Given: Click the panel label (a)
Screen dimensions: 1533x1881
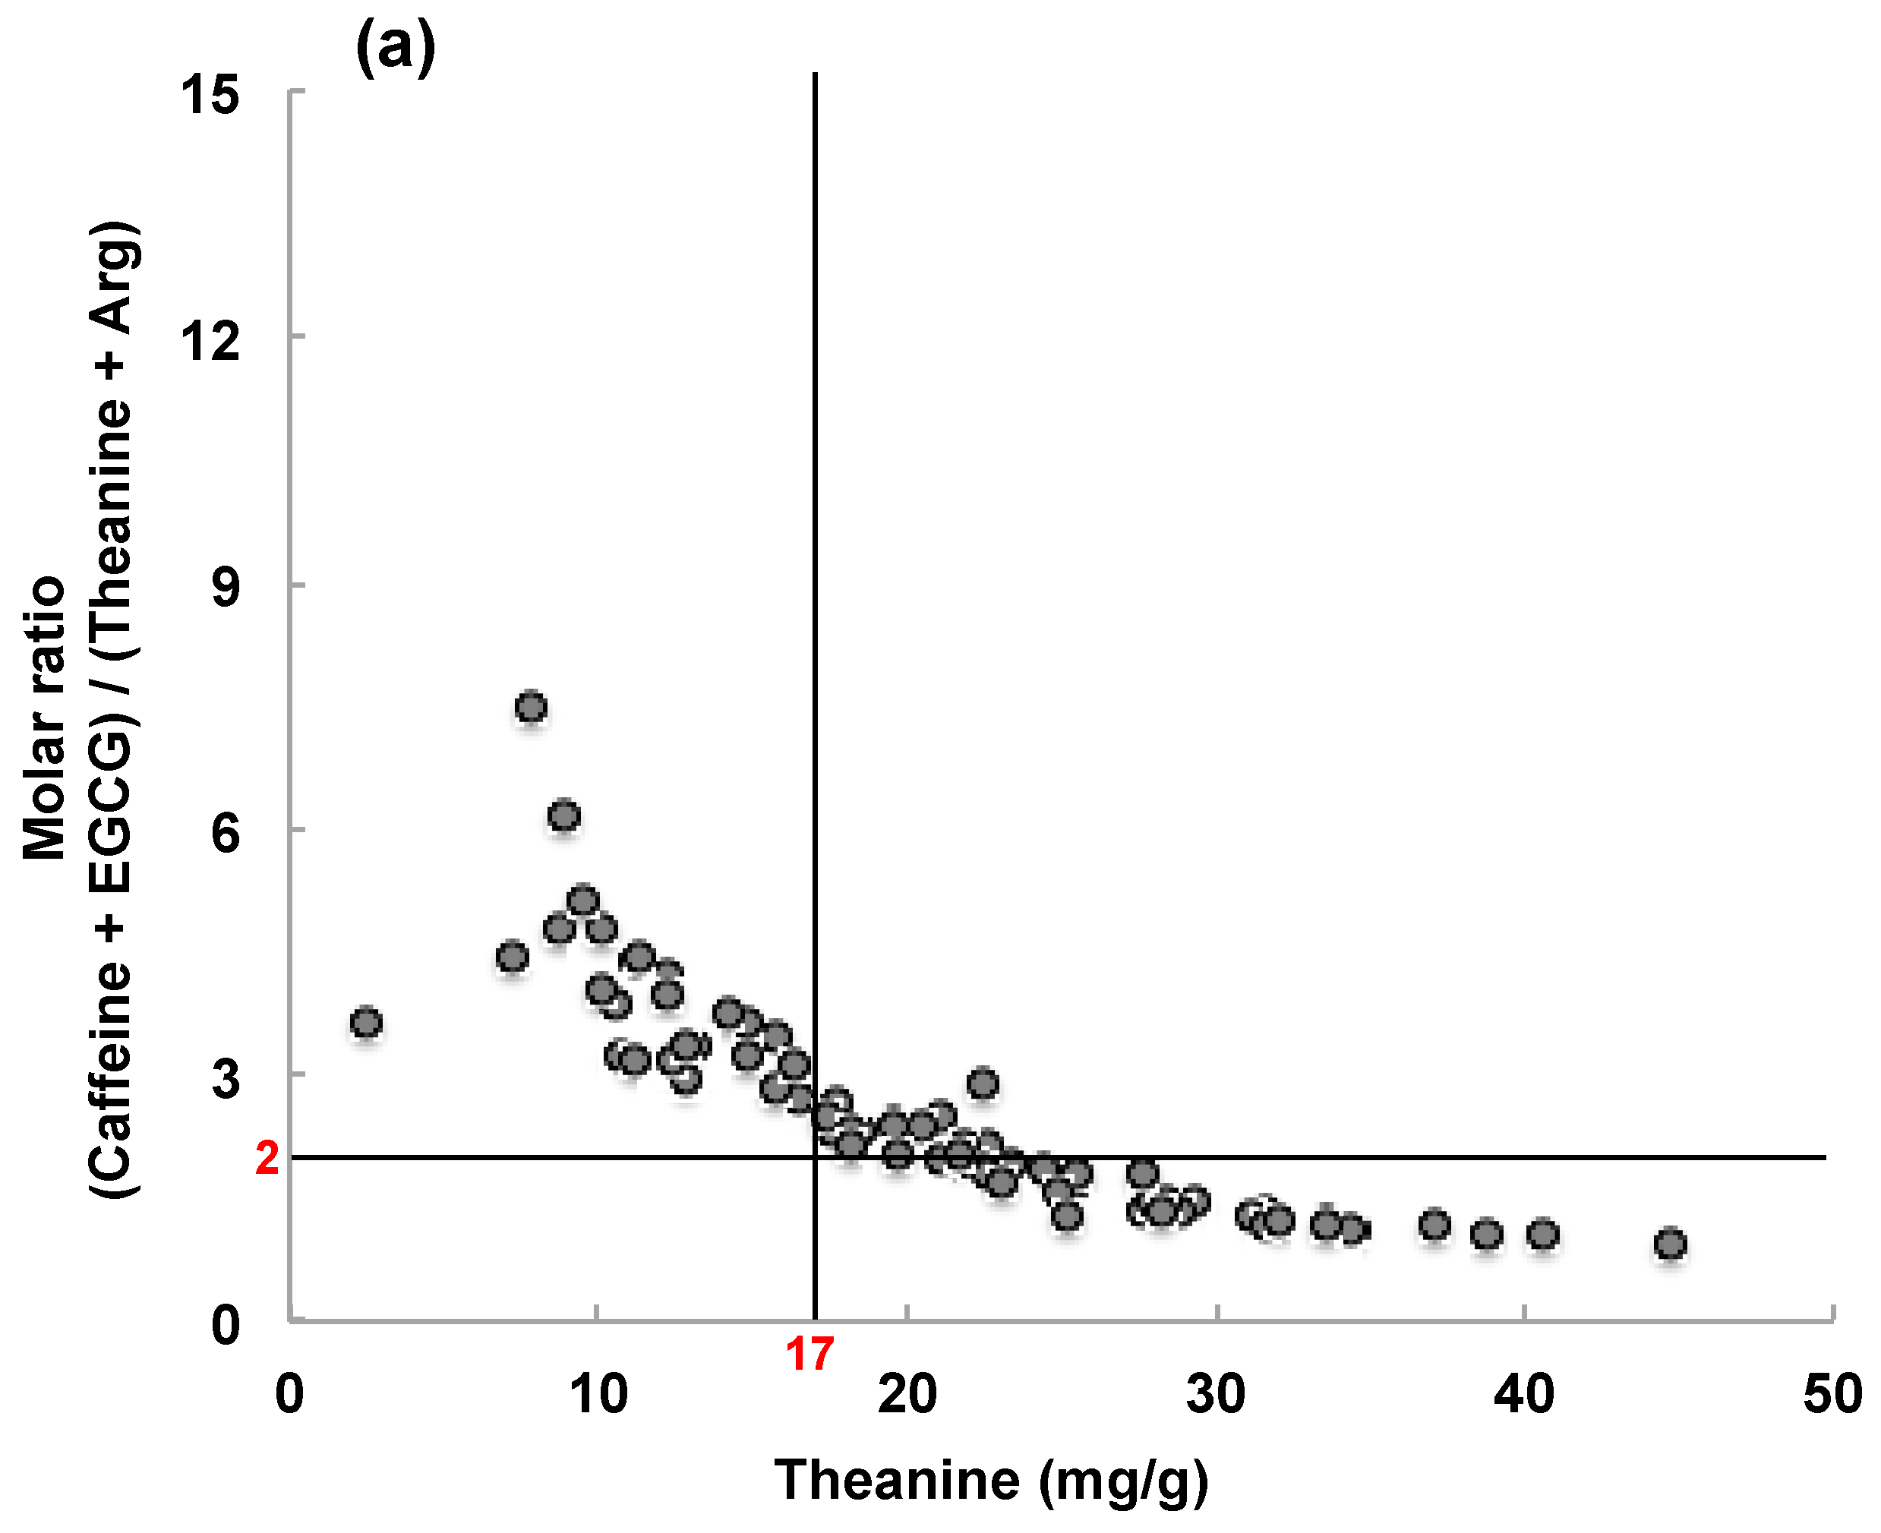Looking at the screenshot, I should click(395, 49).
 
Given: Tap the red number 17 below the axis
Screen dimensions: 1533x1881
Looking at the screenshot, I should click(809, 1355).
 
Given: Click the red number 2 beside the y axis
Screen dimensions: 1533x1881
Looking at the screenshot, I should click(267, 1159).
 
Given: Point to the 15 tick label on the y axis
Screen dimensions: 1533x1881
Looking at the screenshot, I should click(210, 93).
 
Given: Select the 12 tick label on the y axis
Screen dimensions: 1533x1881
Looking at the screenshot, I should click(210, 340).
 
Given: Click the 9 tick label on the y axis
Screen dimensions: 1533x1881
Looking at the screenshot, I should click(226, 585).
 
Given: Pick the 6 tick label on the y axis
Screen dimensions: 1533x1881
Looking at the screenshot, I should click(226, 832).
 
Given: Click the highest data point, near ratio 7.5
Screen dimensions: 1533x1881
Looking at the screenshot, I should click(531, 708).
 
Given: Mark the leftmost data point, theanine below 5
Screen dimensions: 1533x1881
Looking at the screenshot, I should click(365, 1023).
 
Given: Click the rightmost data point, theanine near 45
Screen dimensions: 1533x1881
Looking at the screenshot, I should click(1669, 1244).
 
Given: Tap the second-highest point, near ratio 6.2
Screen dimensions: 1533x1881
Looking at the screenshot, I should click(564, 816).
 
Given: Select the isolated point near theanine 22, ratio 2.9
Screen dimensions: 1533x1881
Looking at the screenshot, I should click(983, 1083).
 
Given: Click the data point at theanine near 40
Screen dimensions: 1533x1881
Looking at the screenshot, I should click(1542, 1235).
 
